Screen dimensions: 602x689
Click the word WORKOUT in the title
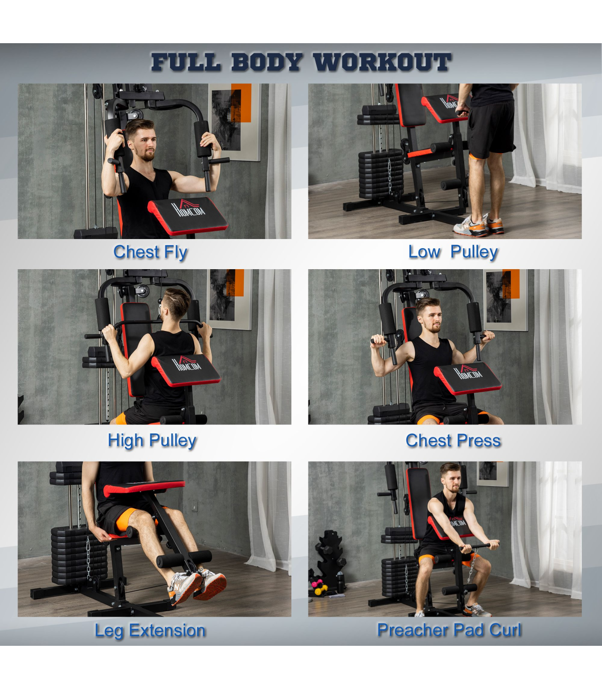coord(382,62)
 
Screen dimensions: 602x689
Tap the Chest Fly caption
coord(150,253)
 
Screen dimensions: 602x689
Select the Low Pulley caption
coord(453,252)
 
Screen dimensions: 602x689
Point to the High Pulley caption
coord(152,441)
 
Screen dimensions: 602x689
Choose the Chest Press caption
coord(453,440)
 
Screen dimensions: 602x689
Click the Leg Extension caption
coord(150,630)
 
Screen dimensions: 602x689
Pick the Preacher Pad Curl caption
coord(449,630)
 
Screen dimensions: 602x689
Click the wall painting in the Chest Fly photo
coord(234,122)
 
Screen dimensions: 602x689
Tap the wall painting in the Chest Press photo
coord(506,300)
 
